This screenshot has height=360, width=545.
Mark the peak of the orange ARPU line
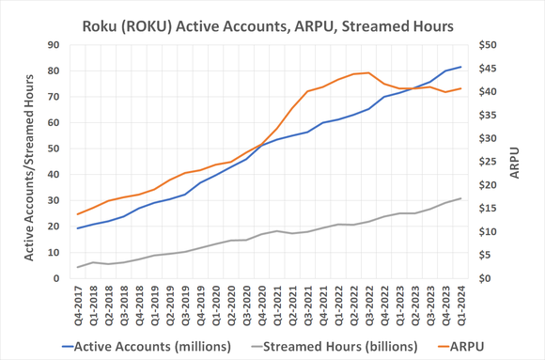(x=368, y=72)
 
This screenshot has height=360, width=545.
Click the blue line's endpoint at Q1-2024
(x=460, y=67)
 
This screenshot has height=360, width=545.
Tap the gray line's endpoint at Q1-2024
(x=460, y=198)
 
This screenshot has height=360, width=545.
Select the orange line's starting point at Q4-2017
(x=78, y=214)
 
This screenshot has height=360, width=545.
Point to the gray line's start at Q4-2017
(x=78, y=267)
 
